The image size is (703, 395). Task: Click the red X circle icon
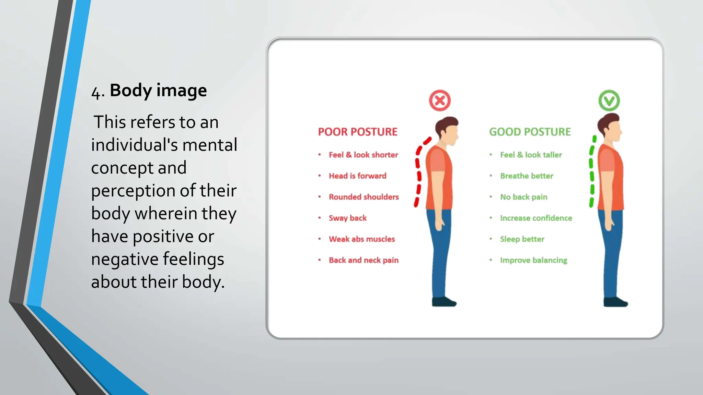pos(440,100)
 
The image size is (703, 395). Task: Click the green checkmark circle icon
pos(609,100)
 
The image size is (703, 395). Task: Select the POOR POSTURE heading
pos(357,132)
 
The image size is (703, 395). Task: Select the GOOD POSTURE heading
pos(530,132)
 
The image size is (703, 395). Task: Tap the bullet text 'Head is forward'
pos(357,176)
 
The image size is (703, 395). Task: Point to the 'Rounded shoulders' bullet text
pos(364,197)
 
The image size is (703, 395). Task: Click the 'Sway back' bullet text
pos(347,218)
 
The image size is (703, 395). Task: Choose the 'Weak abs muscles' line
pos(362,239)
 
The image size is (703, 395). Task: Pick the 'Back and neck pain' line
pos(364,260)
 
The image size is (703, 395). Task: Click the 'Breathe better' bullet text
pos(527,176)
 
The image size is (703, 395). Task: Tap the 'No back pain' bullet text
pos(523,197)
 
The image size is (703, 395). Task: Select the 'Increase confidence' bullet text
pos(536,218)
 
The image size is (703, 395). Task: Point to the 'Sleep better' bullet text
pos(522,239)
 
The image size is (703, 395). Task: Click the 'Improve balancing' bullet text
pos(533,260)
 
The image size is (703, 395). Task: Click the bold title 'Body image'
pos(158,91)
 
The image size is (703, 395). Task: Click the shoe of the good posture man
pos(615,302)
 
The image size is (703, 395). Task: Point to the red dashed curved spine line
pos(418,171)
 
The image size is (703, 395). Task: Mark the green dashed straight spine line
pos(592,171)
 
